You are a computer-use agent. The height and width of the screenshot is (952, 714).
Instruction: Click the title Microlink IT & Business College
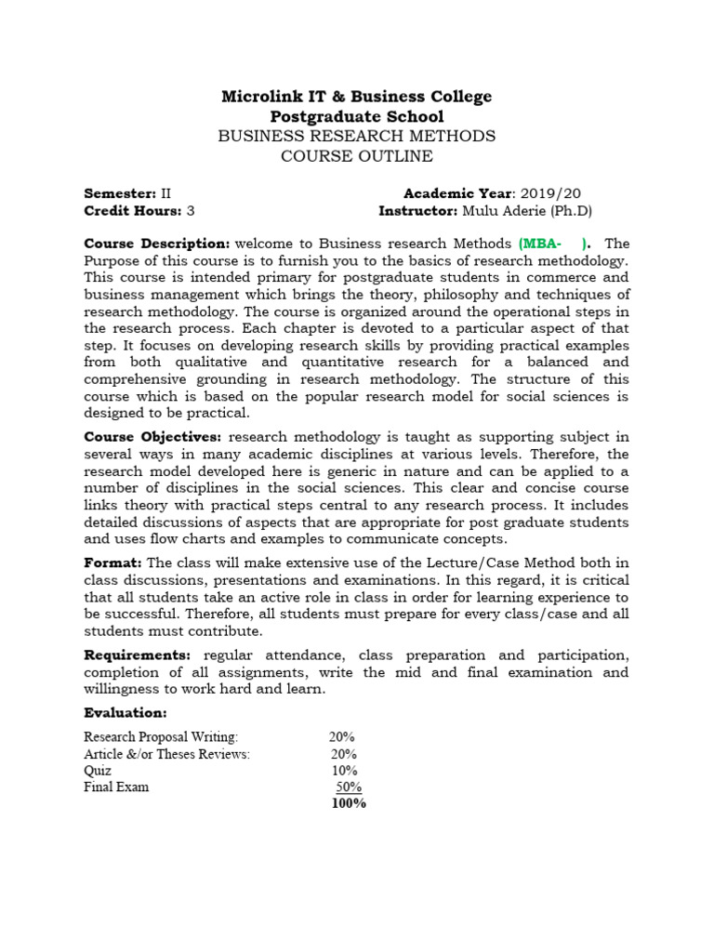tap(356, 97)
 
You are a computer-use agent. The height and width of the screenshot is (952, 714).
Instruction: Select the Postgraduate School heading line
tap(356, 116)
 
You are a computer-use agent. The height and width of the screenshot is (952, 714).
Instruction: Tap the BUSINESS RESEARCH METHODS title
tap(356, 137)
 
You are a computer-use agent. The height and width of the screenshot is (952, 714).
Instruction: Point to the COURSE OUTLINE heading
tap(356, 156)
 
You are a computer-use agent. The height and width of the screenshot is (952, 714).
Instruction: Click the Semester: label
tap(120, 193)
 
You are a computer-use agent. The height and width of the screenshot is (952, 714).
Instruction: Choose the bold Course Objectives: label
tap(153, 437)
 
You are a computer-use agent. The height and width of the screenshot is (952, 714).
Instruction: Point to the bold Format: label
tap(113, 562)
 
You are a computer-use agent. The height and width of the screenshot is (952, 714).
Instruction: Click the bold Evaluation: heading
tap(126, 713)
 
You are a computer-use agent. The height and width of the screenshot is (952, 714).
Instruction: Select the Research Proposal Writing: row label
tap(161, 737)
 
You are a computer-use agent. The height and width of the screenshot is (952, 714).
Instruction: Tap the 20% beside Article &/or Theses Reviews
tap(342, 754)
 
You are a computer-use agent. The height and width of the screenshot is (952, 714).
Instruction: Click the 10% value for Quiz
tap(344, 771)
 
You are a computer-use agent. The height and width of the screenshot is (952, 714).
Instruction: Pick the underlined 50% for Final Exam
tap(348, 787)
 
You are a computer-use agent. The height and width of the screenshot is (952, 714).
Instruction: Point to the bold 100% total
tap(349, 804)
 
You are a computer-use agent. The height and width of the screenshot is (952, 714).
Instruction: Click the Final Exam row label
tap(116, 787)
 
